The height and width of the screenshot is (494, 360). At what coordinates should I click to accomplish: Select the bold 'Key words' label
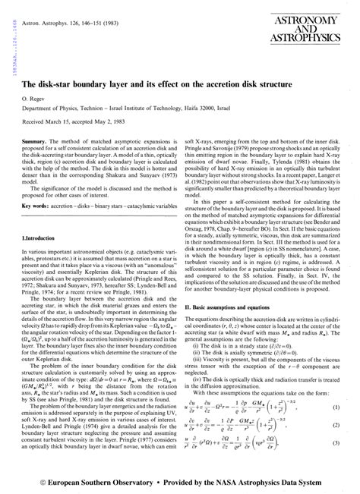click(38, 183)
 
